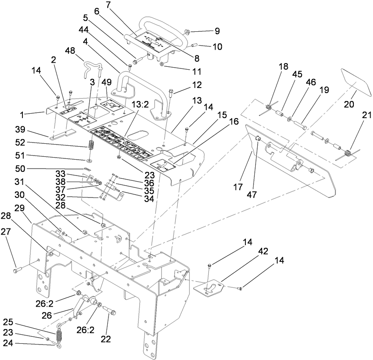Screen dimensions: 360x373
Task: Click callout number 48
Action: (71, 51)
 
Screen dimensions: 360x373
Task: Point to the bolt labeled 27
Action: (18, 269)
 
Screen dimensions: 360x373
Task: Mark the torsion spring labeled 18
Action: (269, 108)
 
